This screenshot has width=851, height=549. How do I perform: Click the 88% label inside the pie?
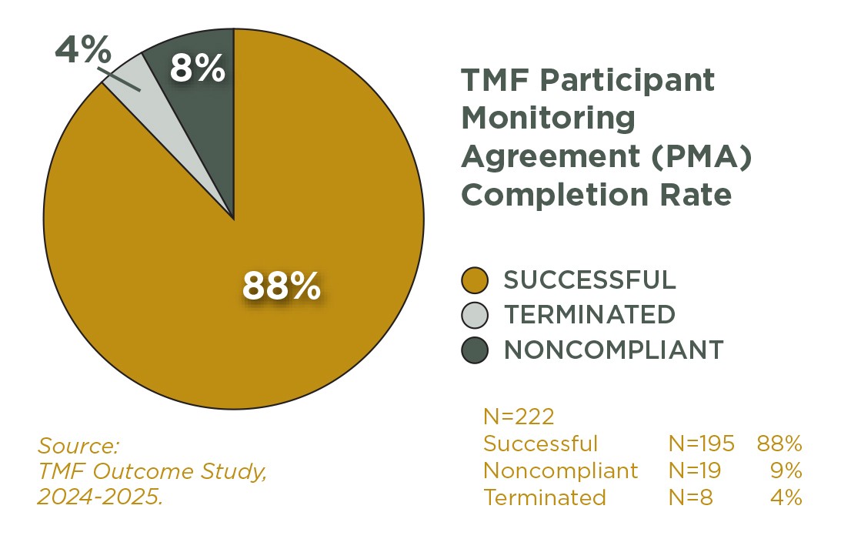(x=281, y=286)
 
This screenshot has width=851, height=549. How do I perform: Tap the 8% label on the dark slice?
(x=197, y=69)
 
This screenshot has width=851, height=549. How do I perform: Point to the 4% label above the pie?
(x=82, y=52)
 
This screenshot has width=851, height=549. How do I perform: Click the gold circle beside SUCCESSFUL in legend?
(x=475, y=280)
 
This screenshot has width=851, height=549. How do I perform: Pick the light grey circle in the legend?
(x=475, y=315)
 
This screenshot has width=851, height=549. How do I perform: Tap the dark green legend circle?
(x=475, y=350)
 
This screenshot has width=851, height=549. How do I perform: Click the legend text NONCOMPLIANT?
(x=613, y=350)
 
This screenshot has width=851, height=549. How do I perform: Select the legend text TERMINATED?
(x=589, y=315)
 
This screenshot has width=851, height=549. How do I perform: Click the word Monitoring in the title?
(x=548, y=118)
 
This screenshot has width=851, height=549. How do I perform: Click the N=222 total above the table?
(x=519, y=417)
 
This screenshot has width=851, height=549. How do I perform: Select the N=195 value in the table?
(x=701, y=444)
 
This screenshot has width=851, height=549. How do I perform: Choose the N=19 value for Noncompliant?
(x=694, y=470)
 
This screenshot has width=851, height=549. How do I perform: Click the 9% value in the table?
(x=786, y=470)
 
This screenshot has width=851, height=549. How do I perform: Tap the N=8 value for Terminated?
(x=690, y=497)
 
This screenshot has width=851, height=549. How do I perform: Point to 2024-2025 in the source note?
(x=100, y=497)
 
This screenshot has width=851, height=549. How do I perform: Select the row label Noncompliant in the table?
(x=560, y=470)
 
